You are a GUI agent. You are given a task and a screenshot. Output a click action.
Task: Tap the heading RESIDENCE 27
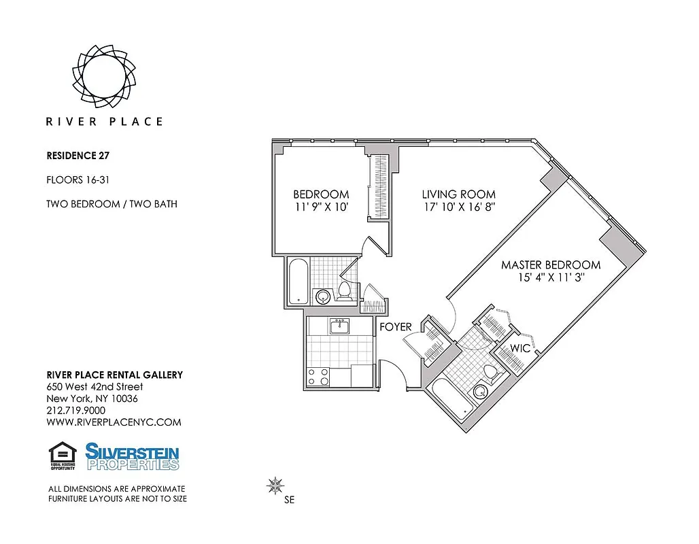[x=78, y=155]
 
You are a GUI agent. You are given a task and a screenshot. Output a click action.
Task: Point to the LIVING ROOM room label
[x=458, y=194]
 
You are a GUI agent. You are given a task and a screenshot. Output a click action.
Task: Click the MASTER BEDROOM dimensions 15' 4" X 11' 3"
[x=551, y=277]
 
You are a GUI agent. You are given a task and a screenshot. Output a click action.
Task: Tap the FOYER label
[x=395, y=327]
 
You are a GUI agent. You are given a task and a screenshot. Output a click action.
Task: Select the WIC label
[x=520, y=348]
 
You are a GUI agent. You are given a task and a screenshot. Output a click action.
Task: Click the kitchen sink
[x=339, y=327]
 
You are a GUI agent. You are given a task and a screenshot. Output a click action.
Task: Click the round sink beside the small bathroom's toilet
[x=322, y=296]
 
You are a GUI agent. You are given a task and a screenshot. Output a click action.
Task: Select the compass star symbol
[x=275, y=486]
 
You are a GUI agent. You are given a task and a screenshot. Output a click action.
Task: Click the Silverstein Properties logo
[x=132, y=456]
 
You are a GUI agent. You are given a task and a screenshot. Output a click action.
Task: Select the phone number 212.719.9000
[x=75, y=411]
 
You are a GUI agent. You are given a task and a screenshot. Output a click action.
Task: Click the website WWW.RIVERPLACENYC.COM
[x=114, y=422]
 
